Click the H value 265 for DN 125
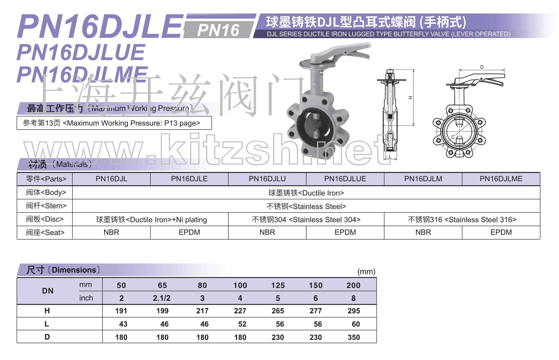click(x=278, y=311)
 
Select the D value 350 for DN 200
click(x=354, y=337)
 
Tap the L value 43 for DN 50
click(x=123, y=324)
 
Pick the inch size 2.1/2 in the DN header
click(x=162, y=298)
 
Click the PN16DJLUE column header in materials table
click(x=345, y=179)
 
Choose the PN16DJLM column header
click(x=423, y=179)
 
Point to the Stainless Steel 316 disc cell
click(x=462, y=219)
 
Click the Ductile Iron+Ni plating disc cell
click(x=151, y=219)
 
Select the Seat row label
click(x=45, y=232)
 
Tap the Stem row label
click(x=46, y=206)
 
